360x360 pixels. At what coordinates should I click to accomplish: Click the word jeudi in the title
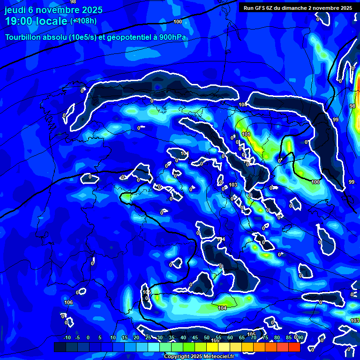15,10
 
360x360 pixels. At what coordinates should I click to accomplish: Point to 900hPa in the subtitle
173,37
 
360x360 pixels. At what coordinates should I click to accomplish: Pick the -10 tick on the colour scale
67,338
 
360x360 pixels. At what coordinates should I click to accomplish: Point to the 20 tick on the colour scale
136,338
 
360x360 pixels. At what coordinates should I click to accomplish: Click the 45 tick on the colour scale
195,338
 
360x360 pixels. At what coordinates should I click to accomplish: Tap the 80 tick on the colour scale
277,338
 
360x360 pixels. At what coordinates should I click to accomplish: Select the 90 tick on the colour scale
300,338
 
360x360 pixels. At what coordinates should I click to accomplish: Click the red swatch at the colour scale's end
294,347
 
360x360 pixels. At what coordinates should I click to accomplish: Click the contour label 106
68,302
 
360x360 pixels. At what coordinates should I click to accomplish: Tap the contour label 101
246,135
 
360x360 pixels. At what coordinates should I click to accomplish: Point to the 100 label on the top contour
178,22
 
